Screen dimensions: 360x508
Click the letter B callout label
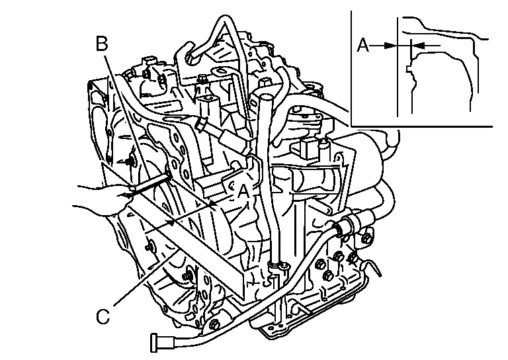click(101, 44)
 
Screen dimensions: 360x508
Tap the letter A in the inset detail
click(363, 46)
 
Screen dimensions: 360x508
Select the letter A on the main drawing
click(243, 191)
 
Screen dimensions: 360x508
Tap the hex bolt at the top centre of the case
click(202, 82)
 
